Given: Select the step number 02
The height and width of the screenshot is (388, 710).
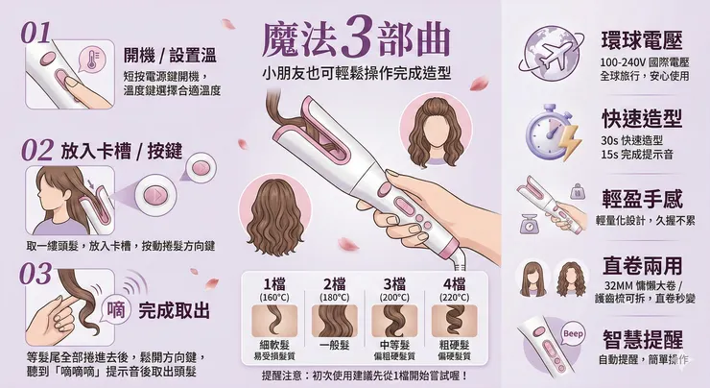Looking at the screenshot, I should (x=35, y=150).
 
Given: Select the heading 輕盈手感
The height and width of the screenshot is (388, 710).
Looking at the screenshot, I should (x=642, y=200).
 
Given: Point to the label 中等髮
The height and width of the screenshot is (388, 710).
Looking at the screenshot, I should (x=394, y=345).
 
